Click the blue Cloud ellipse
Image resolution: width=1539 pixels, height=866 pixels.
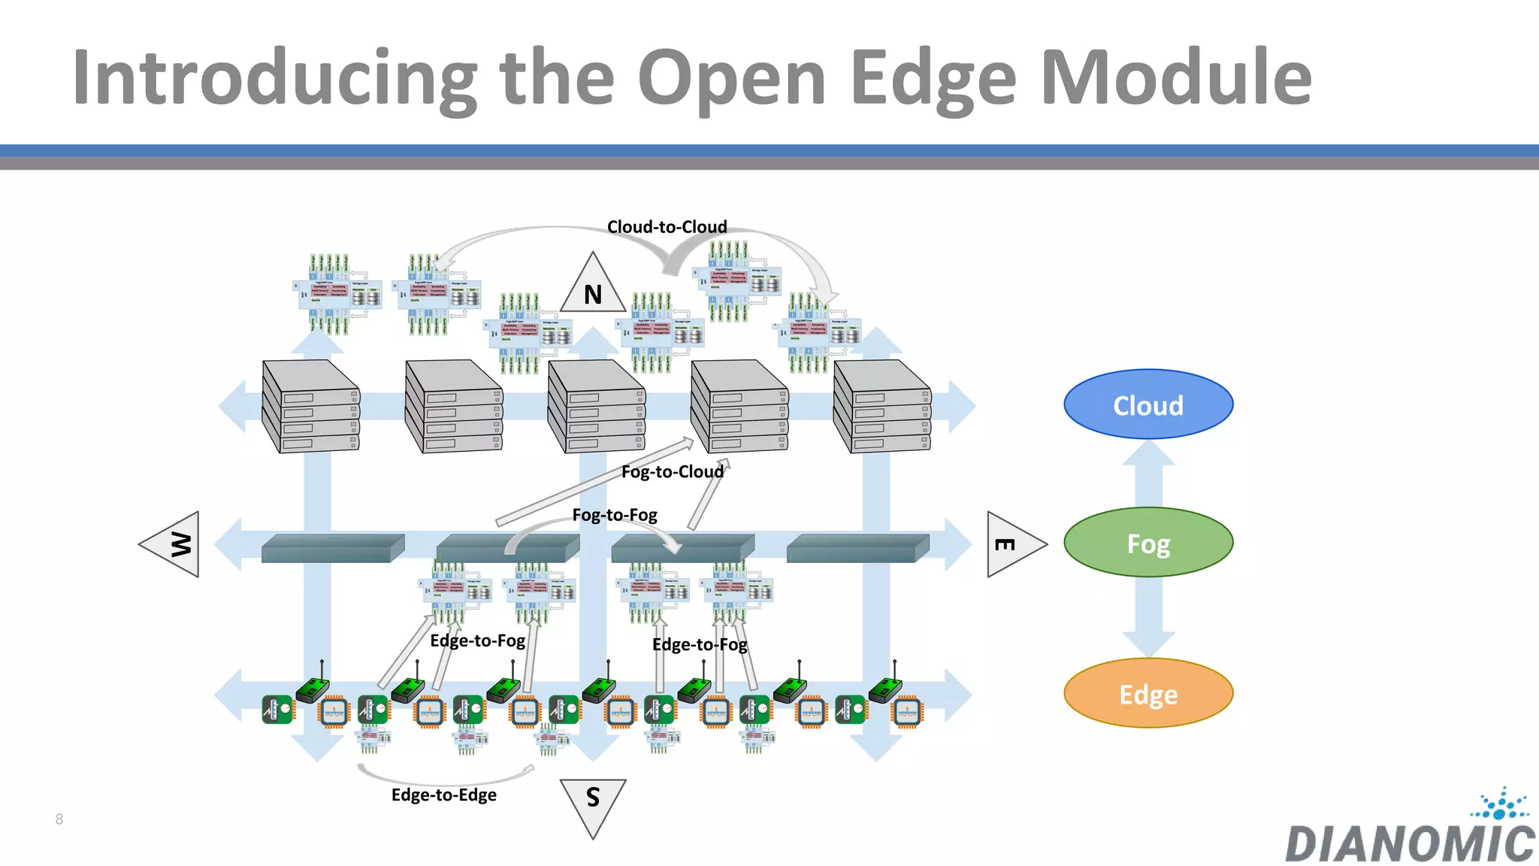click(x=1147, y=404)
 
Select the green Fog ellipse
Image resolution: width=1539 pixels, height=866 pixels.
click(x=1147, y=543)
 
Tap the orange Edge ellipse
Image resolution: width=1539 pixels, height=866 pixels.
click(x=1147, y=693)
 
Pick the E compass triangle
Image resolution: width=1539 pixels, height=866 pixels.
click(x=1011, y=544)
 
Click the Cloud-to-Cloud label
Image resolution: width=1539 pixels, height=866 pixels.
click(x=667, y=227)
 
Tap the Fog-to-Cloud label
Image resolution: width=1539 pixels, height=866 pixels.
click(x=672, y=471)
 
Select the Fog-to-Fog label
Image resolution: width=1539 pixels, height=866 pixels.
click(x=614, y=515)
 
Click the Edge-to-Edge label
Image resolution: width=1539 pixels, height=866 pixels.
click(x=443, y=795)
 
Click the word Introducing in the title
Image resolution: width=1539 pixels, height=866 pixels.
click(x=274, y=77)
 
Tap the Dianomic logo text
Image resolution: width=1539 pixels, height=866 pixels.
click(x=1409, y=843)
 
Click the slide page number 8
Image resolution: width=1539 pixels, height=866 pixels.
click(x=59, y=819)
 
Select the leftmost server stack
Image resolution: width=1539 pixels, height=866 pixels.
click(x=310, y=406)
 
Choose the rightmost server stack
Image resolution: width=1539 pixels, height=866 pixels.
click(x=881, y=406)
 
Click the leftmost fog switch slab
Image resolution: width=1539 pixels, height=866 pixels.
click(x=332, y=548)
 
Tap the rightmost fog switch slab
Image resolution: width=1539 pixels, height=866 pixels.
click(x=857, y=548)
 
